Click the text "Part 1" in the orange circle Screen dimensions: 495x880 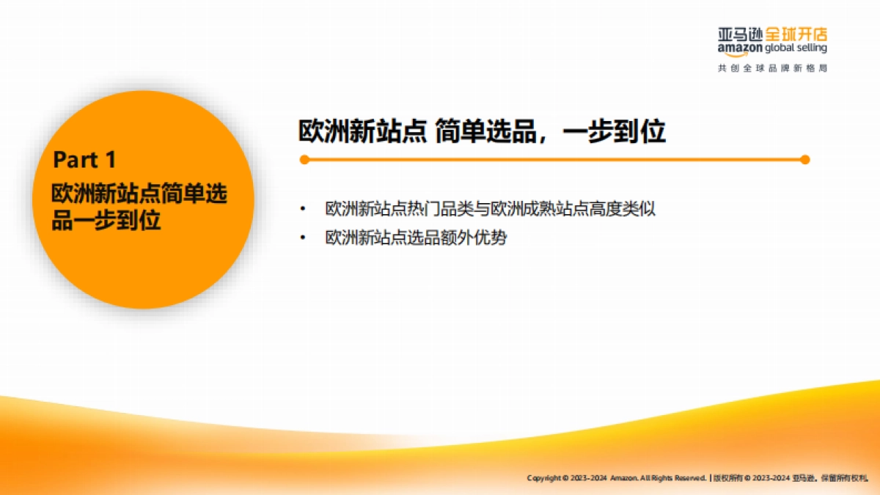tap(85, 159)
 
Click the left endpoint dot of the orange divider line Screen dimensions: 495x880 tap(304, 159)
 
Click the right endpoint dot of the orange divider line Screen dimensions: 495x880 tap(804, 159)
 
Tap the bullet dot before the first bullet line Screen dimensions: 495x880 tap(301, 209)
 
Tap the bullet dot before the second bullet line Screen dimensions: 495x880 tap(301, 238)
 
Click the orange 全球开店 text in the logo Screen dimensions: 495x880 tap(796, 34)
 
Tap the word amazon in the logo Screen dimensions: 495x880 tap(740, 48)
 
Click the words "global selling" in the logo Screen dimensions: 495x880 tap(796, 48)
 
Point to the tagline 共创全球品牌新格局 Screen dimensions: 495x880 tap(772, 68)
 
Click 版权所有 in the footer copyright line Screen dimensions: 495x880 tap(727, 478)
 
